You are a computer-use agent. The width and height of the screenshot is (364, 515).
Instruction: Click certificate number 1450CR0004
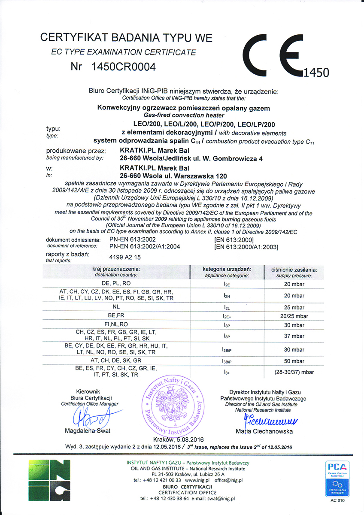tap(123, 67)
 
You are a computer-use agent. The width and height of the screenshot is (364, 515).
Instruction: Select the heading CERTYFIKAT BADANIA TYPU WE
tap(126, 38)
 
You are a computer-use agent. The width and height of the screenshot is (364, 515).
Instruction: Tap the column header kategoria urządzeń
tap(227, 269)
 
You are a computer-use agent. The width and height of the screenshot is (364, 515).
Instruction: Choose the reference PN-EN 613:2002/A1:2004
tap(144, 247)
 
